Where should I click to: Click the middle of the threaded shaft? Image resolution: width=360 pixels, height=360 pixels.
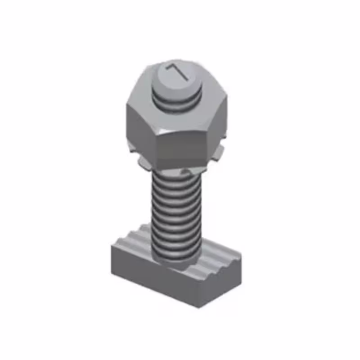tap(175, 211)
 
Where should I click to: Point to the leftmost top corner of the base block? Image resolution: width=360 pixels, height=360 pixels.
tap(112, 247)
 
